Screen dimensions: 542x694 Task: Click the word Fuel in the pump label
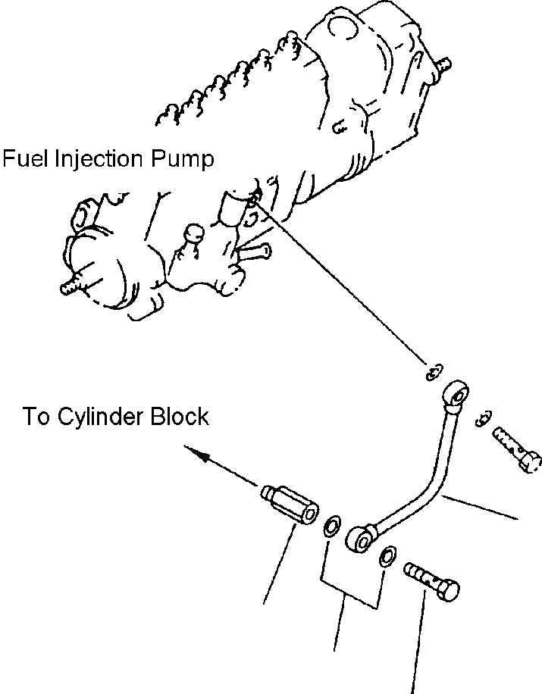(x=25, y=158)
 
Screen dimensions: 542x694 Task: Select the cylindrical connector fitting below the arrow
(x=290, y=505)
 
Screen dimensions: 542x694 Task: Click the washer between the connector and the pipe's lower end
(x=331, y=526)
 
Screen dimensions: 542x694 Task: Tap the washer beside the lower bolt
(x=387, y=556)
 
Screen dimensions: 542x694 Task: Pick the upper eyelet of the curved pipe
(x=455, y=393)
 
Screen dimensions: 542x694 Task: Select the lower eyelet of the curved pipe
(x=360, y=538)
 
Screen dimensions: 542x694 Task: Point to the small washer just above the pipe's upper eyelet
(x=434, y=372)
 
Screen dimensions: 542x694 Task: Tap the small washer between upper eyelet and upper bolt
(x=483, y=418)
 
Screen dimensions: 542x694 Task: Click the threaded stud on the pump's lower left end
(x=73, y=286)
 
